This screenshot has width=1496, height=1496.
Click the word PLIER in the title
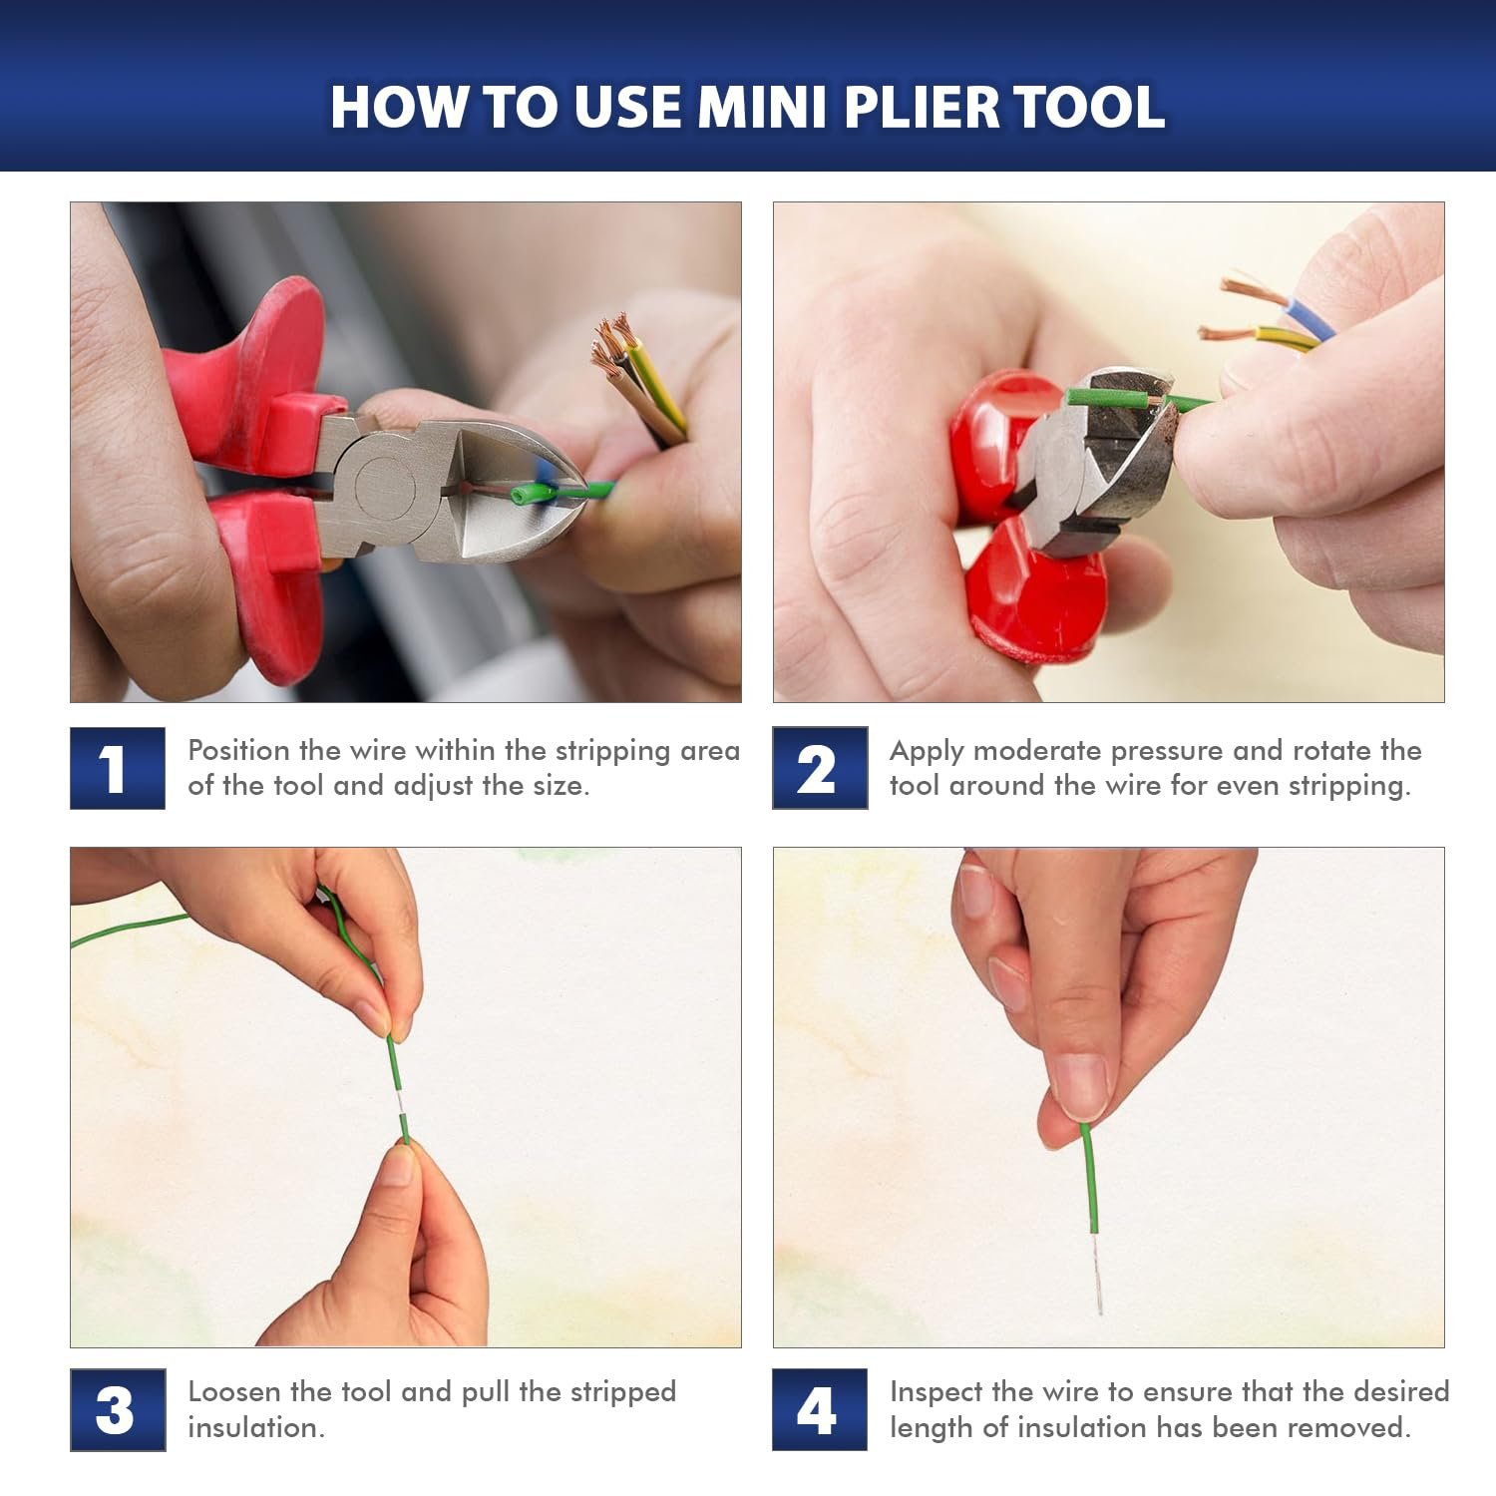pos(920,107)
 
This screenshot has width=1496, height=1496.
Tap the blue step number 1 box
pos(118,768)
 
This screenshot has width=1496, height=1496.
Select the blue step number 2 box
pos(820,768)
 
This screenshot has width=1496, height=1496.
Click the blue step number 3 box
pos(118,1409)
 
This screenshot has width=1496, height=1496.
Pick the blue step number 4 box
pos(820,1409)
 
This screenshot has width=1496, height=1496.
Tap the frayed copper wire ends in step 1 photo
pos(612,344)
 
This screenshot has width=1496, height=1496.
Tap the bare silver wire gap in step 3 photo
pos(398,1103)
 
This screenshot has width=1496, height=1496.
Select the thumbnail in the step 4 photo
pos(1080,1085)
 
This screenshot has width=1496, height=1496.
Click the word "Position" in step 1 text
pos(238,750)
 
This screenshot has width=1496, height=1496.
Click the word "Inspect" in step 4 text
pos(936,1393)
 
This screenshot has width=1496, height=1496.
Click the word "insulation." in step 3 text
pos(256,1428)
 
